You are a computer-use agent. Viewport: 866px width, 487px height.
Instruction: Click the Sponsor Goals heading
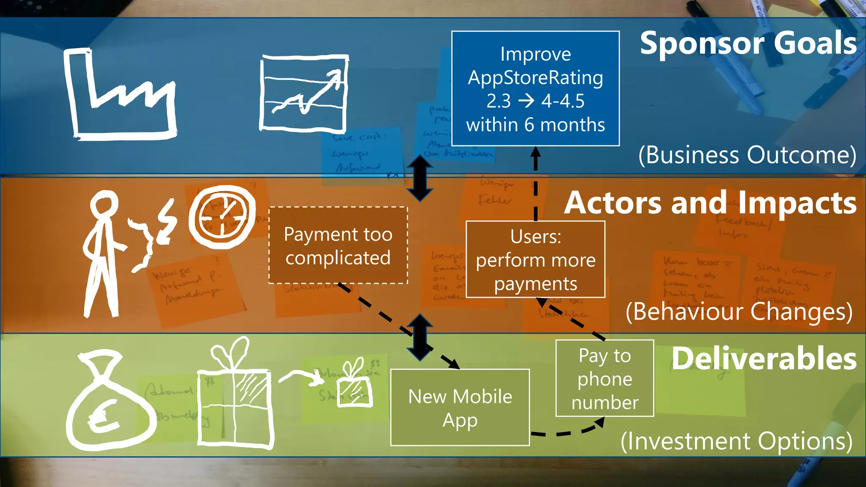coord(748,44)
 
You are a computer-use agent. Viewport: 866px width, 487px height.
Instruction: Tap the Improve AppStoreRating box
coord(535,89)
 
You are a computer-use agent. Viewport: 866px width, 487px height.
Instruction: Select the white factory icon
coord(119,95)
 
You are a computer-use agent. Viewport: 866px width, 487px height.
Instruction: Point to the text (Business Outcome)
coord(747,155)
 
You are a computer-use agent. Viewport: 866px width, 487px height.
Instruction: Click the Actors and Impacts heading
coord(710,203)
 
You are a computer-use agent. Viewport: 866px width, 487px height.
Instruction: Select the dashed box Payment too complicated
coord(338,246)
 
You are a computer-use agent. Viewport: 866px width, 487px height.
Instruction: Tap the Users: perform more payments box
coord(535,260)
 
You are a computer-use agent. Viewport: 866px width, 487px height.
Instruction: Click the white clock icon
coord(222,217)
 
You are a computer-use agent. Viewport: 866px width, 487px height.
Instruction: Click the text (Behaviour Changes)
coord(739,312)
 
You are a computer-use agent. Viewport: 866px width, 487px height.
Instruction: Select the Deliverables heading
coord(764,359)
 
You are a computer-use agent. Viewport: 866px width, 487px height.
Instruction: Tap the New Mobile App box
coord(460,408)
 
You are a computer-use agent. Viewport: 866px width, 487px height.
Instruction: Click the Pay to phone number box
coord(605,378)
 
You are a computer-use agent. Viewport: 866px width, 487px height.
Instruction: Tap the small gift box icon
coord(354,385)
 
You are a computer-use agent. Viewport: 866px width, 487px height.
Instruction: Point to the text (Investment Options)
coord(736,441)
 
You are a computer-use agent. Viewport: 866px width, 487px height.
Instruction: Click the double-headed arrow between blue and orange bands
coord(419,178)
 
